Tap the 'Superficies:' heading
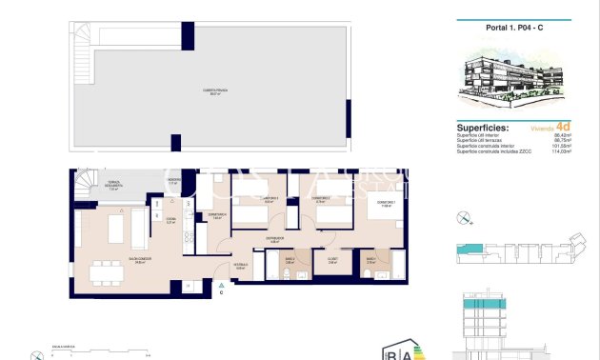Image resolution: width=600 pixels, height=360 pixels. pyautogui.click(x=482, y=127)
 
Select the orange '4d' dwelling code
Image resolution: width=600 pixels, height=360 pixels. pyautogui.click(x=563, y=126)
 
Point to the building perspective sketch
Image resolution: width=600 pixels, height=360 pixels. pyautogui.click(x=515, y=80)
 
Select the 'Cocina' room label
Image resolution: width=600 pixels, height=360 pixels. pyautogui.click(x=171, y=220)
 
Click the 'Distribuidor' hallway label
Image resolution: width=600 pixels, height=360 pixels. pyautogui.click(x=275, y=240)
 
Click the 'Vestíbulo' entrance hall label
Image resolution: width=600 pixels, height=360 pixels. pyautogui.click(x=240, y=268)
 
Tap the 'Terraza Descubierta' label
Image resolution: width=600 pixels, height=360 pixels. pyautogui.click(x=113, y=188)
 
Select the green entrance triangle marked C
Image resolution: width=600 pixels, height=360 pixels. pyautogui.click(x=221, y=284)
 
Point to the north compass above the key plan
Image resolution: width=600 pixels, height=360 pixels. pyautogui.click(x=463, y=218)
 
